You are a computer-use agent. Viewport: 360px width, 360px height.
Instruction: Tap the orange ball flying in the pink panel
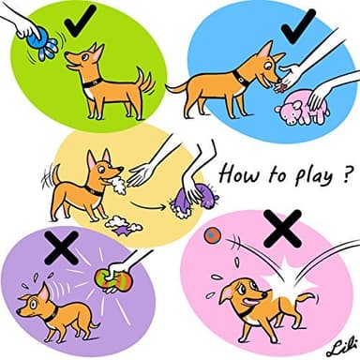[213, 234]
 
